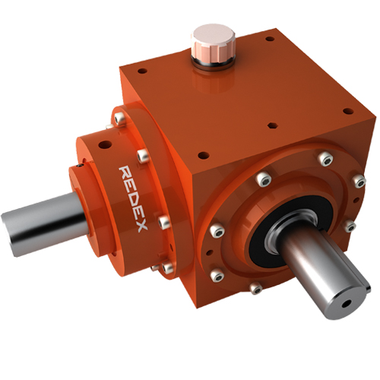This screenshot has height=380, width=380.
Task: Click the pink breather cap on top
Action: coord(214,44)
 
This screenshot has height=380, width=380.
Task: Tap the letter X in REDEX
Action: coord(142,226)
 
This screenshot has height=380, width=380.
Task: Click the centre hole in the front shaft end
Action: coord(346,303)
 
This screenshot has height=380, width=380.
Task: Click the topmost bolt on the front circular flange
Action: coord(325,159)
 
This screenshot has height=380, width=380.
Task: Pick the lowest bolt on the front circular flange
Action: coord(255,288)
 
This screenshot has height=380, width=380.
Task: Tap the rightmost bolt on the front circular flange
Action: coord(359,181)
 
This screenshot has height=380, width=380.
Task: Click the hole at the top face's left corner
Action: coord(142,71)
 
